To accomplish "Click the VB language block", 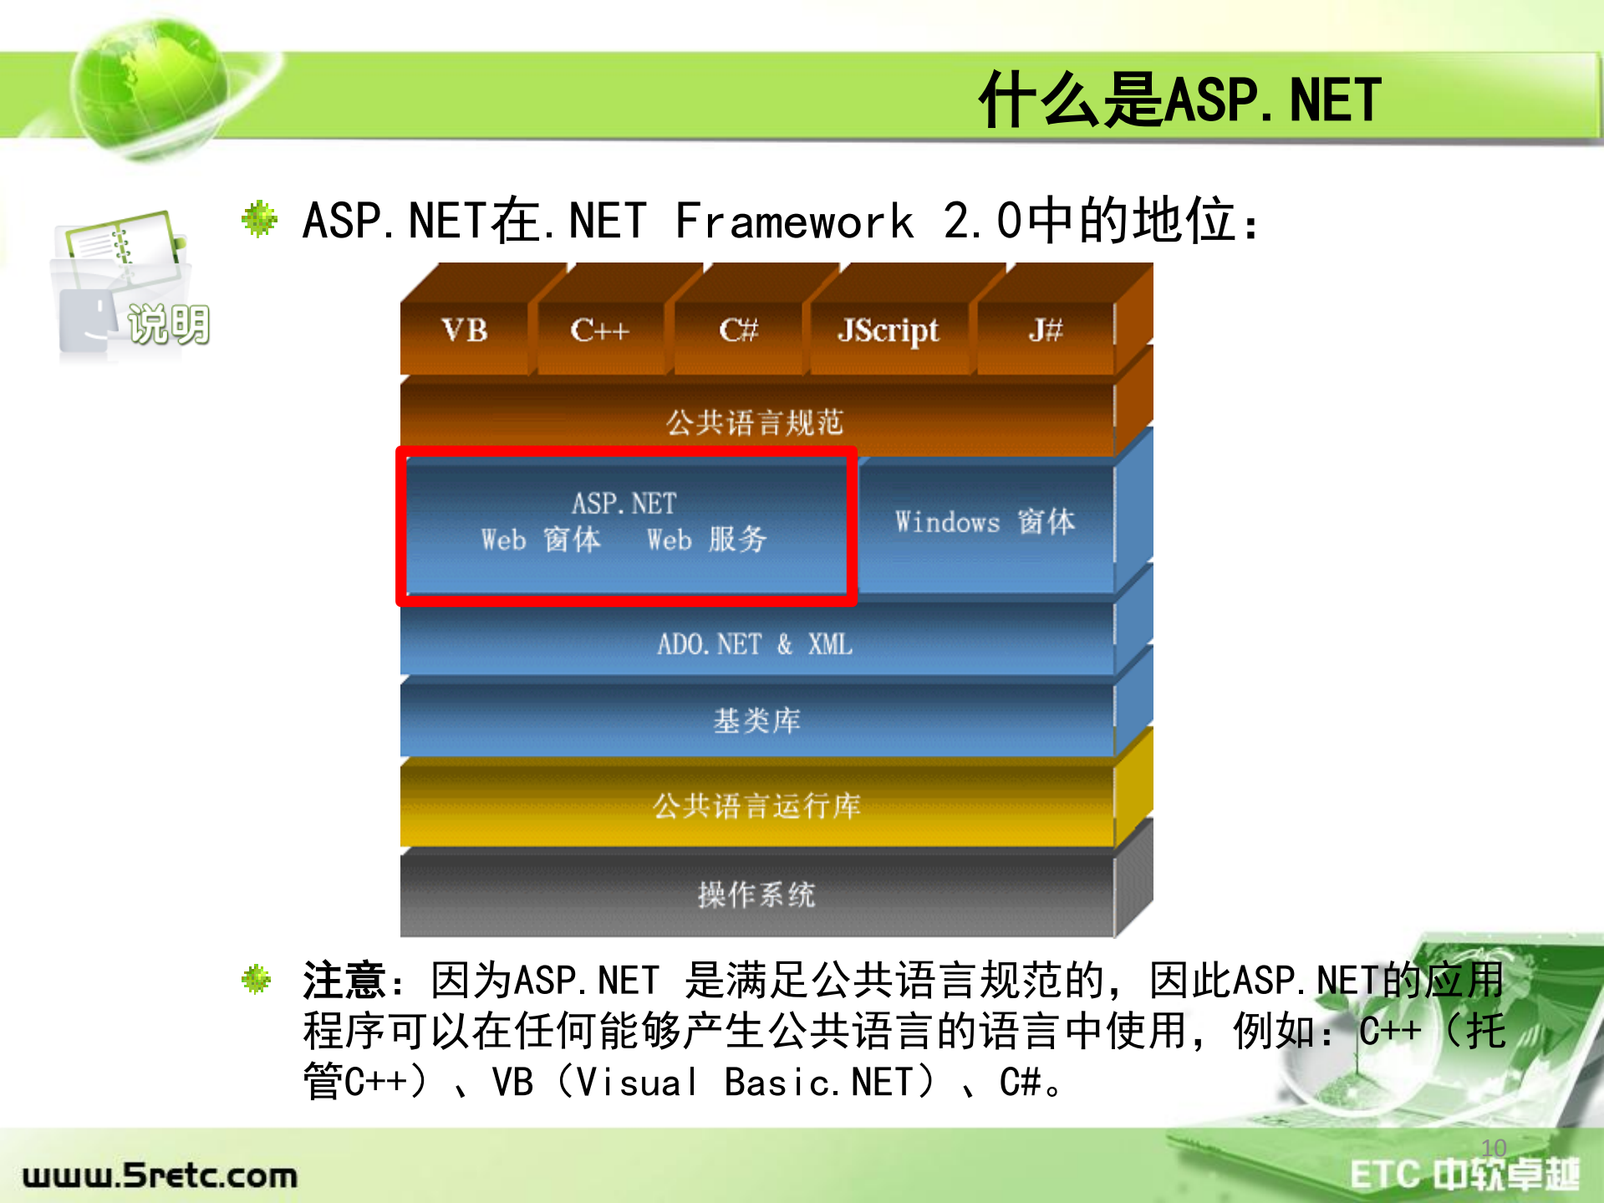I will click(465, 331).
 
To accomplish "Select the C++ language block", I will click(599, 331).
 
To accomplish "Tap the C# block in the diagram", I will click(738, 331).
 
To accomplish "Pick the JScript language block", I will click(888, 331).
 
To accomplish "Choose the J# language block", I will click(1045, 331).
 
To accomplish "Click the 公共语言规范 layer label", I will click(755, 423).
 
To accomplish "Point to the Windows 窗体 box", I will click(985, 522).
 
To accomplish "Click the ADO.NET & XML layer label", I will click(755, 645).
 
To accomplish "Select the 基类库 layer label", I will click(756, 721).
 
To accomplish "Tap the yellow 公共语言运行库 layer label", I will click(756, 807).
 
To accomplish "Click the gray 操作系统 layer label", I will click(756, 895).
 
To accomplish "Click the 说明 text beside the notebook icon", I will click(169, 324).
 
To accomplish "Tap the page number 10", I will click(1494, 1148).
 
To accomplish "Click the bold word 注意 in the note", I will click(344, 981).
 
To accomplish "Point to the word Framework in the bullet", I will click(794, 222).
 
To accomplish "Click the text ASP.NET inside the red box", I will click(624, 503).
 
